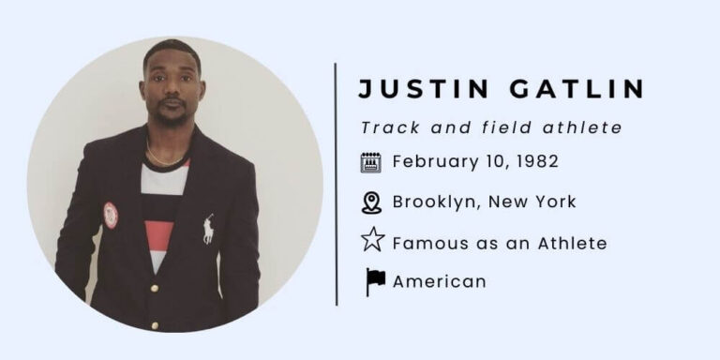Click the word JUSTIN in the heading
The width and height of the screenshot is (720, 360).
pyautogui.click(x=412, y=90)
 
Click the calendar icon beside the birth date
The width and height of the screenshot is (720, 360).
pyautogui.click(x=371, y=162)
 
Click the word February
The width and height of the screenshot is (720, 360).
pyautogui.click(x=432, y=161)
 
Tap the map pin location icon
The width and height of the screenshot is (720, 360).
pyautogui.click(x=371, y=202)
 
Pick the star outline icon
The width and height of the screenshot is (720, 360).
pyautogui.click(x=372, y=241)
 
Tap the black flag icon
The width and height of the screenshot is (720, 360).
pyautogui.click(x=375, y=281)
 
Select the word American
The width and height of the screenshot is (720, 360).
pyautogui.click(x=439, y=281)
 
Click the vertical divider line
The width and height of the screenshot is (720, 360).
pyautogui.click(x=336, y=184)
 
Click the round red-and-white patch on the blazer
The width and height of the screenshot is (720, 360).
pyautogui.click(x=111, y=214)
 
